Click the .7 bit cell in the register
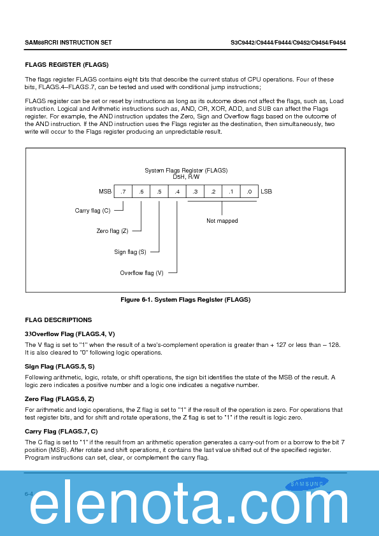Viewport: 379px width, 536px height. (x=123, y=192)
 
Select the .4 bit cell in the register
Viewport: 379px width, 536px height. (x=177, y=192)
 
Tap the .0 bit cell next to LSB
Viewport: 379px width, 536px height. (x=249, y=192)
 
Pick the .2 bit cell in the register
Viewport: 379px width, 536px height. (x=213, y=192)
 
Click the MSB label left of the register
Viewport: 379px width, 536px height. (x=105, y=192)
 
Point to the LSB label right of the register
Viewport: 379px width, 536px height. (x=266, y=192)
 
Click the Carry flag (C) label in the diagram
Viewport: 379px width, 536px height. (x=93, y=211)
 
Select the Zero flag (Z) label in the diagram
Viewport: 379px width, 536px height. (x=112, y=231)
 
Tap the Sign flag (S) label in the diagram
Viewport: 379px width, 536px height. (x=130, y=252)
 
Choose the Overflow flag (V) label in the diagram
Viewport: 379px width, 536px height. (x=141, y=273)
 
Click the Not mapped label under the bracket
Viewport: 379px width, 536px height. (x=222, y=221)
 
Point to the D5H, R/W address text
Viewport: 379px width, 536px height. (x=186, y=177)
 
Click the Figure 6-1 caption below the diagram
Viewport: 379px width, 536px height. (x=185, y=300)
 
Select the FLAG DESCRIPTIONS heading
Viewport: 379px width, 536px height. (x=59, y=320)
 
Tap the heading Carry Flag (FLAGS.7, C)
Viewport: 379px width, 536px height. (x=61, y=432)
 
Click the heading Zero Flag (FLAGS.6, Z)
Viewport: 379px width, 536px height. (x=59, y=399)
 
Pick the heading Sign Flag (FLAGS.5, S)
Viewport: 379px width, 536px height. (x=60, y=367)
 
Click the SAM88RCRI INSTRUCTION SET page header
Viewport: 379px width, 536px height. (x=68, y=43)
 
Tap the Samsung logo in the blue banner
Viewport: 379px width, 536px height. (x=307, y=484)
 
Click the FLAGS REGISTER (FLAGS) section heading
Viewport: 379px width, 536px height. (x=67, y=65)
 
